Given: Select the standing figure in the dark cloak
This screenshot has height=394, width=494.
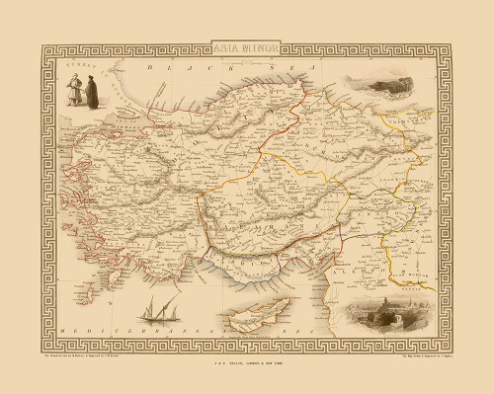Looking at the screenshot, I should (91, 93).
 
